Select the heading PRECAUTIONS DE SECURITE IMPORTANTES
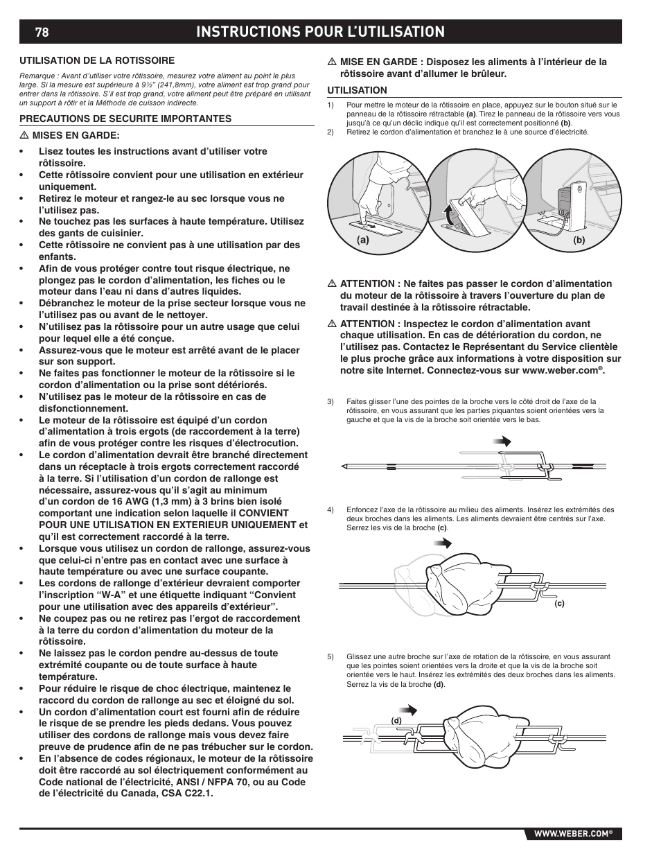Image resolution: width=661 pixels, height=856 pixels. coord(125,119)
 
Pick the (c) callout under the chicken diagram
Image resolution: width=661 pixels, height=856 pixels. coord(559,603)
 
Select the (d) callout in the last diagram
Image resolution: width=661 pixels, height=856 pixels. coord(396,720)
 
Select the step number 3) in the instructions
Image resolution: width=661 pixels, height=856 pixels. coord(330,401)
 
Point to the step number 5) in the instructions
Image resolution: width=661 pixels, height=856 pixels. coord(330,656)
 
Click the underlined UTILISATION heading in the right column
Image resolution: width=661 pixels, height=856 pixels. coord(357,90)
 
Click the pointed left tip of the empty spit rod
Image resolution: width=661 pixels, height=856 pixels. coord(343,466)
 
